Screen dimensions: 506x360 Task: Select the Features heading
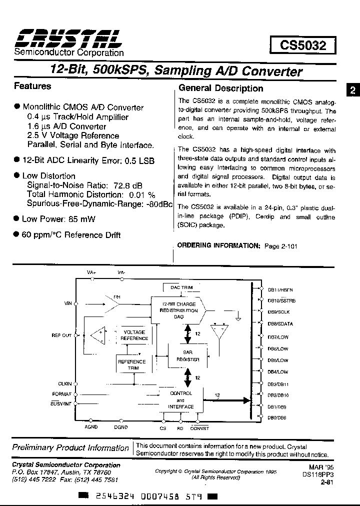point(32,86)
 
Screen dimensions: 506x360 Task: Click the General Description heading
point(221,88)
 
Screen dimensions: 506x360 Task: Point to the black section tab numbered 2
point(352,90)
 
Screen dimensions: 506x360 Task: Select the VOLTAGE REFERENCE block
point(134,335)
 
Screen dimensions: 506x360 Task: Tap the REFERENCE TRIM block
point(131,364)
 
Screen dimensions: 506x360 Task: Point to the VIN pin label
point(68,303)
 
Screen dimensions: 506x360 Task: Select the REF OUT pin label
point(61,335)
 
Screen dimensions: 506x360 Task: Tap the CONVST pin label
point(200,428)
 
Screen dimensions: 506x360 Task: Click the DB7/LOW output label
point(278,337)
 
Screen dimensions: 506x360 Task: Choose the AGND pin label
point(91,427)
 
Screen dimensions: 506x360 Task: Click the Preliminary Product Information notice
point(70,448)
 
